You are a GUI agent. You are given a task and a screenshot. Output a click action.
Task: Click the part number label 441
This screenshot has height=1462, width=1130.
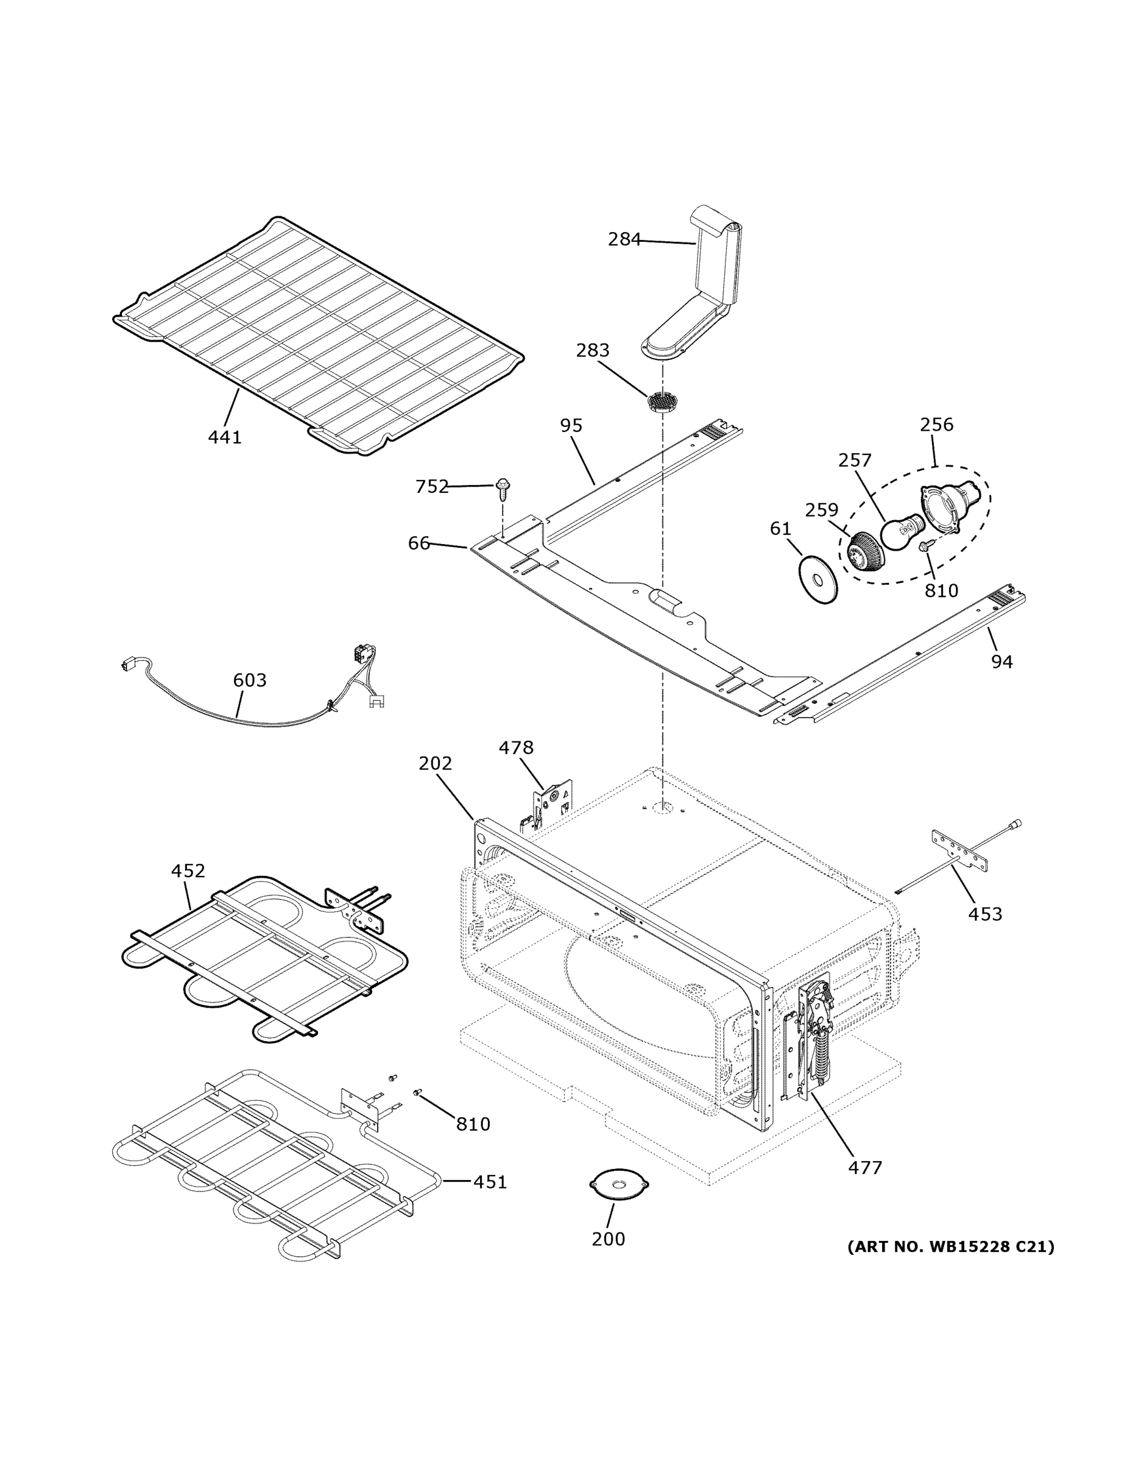[224, 437]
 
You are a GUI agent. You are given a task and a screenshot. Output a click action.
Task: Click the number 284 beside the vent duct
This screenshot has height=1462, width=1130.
[624, 239]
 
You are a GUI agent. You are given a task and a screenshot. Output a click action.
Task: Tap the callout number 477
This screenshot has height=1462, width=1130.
[865, 1167]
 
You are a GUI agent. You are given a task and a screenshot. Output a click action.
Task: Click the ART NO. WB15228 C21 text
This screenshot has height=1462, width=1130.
[950, 1246]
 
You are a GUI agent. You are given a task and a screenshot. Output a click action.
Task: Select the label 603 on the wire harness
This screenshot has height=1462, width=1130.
[249, 680]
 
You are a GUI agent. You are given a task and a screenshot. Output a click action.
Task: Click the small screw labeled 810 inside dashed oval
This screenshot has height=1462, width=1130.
[927, 546]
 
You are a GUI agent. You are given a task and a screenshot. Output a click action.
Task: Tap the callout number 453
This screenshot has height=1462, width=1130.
[985, 914]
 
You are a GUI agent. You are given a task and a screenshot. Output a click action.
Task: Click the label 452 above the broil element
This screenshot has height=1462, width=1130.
[188, 871]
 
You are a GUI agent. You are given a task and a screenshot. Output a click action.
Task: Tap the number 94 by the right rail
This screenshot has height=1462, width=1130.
[1001, 662]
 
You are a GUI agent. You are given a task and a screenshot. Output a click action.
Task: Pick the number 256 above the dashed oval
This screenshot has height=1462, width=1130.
[936, 425]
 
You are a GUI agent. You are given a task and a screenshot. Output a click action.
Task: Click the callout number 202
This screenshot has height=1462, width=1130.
[435, 763]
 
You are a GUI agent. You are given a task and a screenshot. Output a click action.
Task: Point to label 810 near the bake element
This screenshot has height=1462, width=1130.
[473, 1124]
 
